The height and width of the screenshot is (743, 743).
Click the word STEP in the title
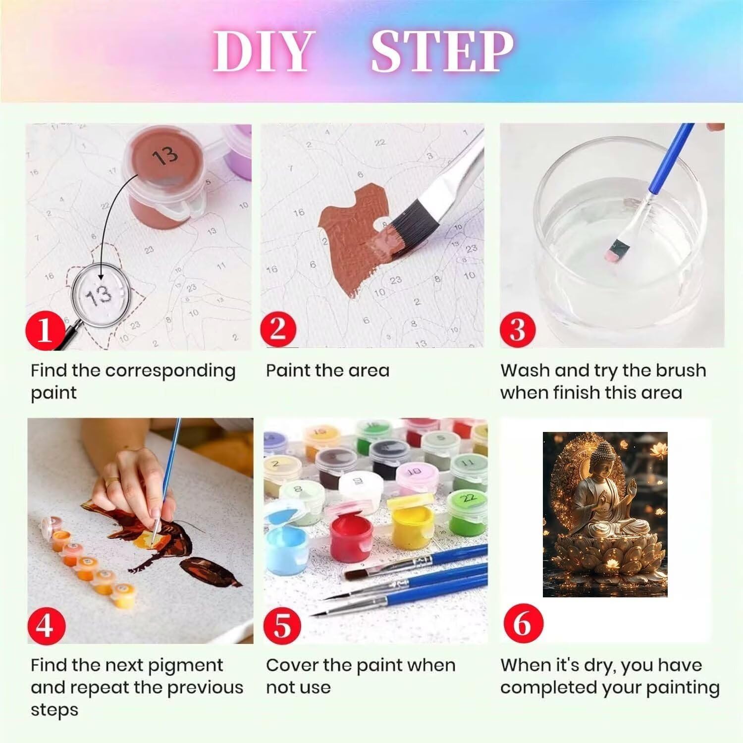(442, 52)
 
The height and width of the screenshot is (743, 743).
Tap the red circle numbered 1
(45, 330)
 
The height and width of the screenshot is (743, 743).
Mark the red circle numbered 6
(521, 623)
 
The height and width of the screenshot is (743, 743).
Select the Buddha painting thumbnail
(605, 515)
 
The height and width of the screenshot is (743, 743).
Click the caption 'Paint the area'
(327, 371)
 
